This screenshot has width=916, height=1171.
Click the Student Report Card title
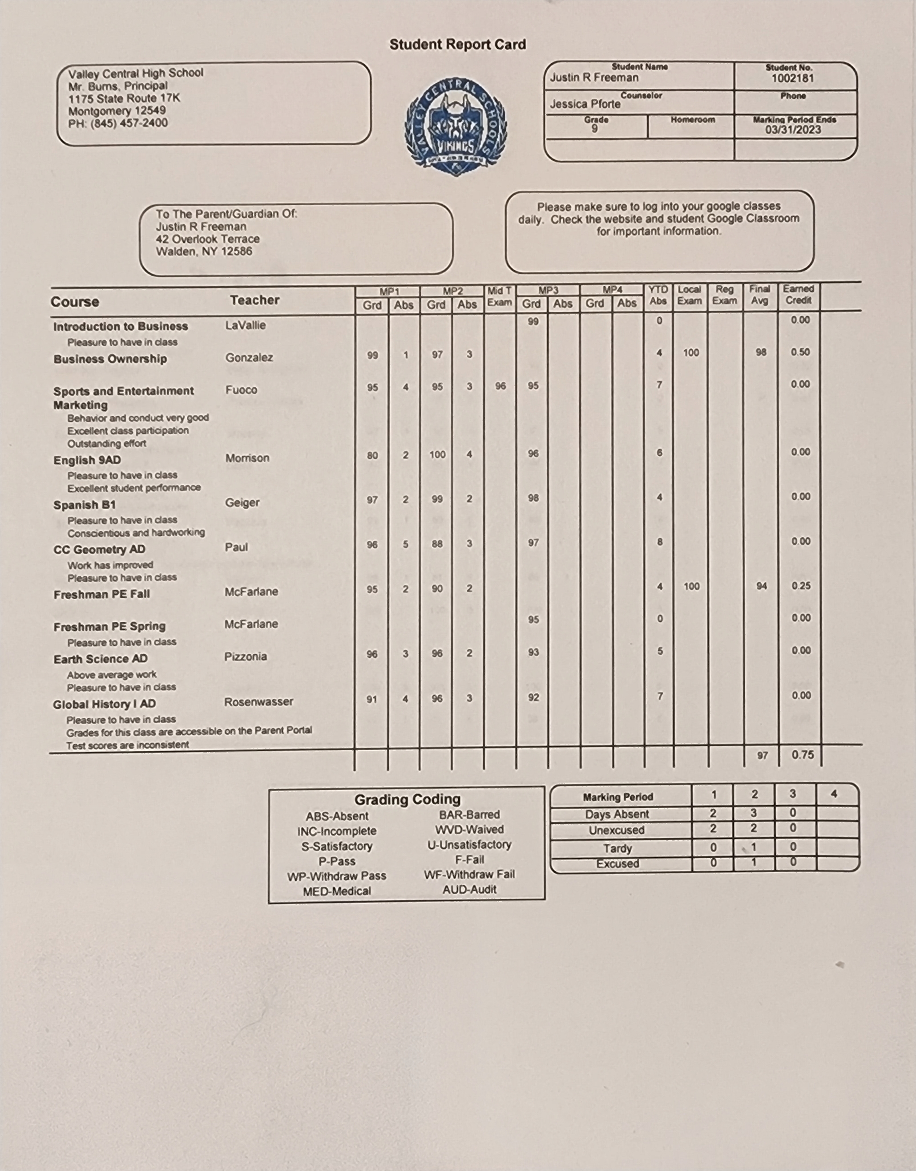457,45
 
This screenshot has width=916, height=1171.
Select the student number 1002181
793,78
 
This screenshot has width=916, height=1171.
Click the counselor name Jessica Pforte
585,104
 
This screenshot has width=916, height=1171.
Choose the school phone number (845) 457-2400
118,123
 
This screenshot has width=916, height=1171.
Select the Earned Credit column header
798,295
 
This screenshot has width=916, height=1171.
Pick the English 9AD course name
87,460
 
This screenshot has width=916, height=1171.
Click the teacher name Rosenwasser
258,701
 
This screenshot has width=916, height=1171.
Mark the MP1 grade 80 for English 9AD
372,455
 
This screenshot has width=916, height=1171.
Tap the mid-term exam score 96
500,386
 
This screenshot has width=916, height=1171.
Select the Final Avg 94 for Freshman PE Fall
761,586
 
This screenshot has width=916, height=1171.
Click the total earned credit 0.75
802,755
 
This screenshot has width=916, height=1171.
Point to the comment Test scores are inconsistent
128,745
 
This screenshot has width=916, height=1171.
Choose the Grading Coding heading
407,800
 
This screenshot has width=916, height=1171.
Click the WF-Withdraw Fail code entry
469,875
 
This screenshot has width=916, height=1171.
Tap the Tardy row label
617,848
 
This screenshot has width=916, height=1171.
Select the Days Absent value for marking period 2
754,813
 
